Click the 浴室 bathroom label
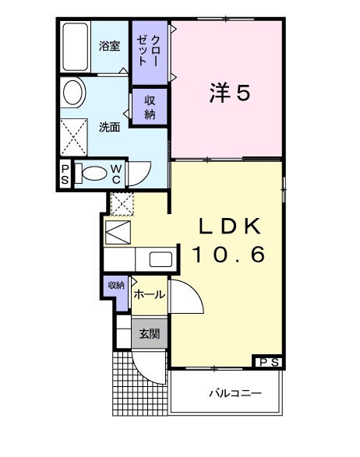[110, 46]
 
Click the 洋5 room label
[229, 93]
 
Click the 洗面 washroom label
[109, 127]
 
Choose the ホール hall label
[149, 294]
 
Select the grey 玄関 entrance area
[150, 334]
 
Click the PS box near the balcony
[270, 360]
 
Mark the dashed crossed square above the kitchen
[122, 204]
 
